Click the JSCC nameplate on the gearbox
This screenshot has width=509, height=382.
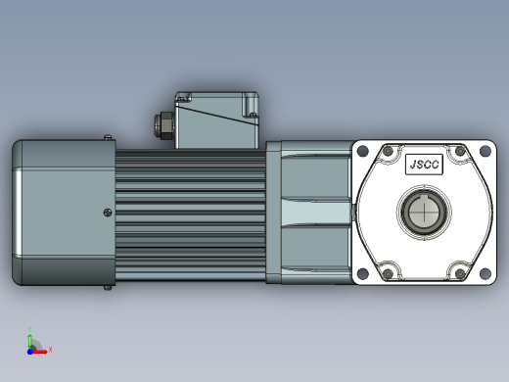(424, 165)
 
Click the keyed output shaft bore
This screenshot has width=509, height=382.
(424, 213)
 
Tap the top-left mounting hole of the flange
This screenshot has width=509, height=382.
(363, 151)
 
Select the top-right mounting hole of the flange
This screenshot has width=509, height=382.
(486, 151)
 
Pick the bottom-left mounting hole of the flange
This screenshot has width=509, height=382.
(363, 273)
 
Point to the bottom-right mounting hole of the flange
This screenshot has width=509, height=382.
(486, 273)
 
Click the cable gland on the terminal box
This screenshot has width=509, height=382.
(163, 125)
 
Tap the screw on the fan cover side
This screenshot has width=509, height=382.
(108, 213)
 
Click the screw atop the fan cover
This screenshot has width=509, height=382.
(108, 137)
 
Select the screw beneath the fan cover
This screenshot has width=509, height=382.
(108, 288)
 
